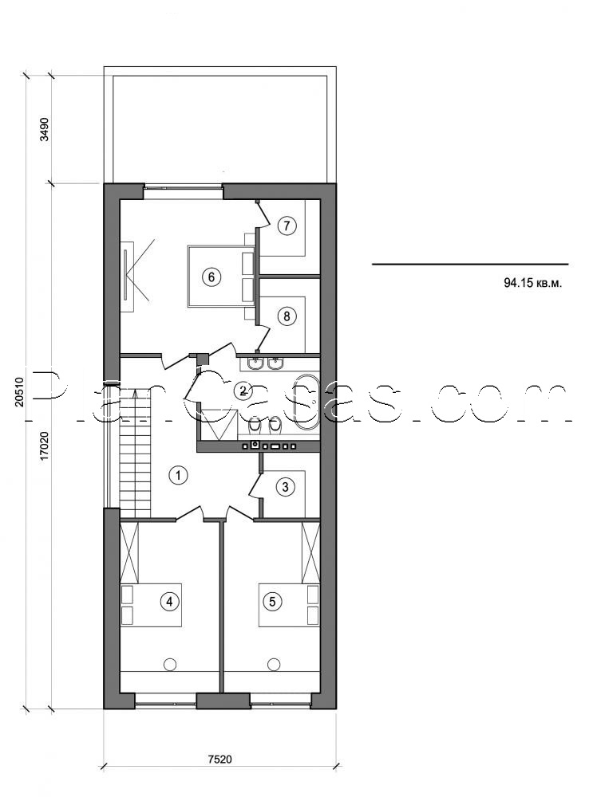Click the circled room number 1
(180, 476)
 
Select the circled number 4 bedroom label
(168, 602)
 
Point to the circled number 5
(273, 602)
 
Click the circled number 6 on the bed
(210, 277)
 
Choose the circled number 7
(287, 226)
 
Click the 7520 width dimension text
(219, 759)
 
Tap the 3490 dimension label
(45, 129)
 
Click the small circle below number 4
(169, 663)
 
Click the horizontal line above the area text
(470, 264)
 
